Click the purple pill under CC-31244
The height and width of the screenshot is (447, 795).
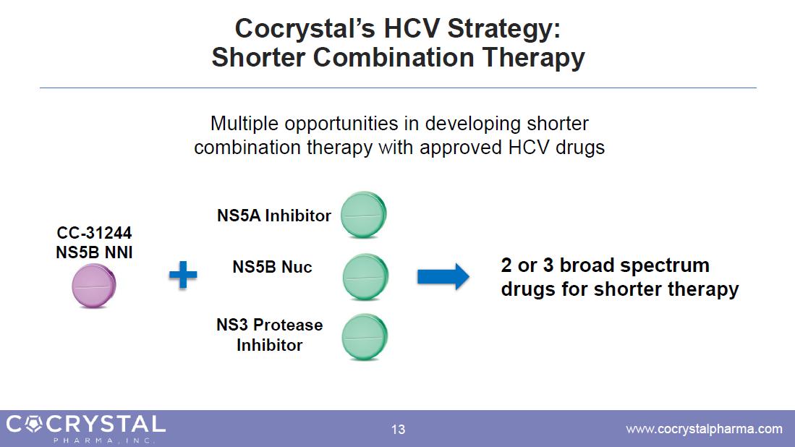[94, 286]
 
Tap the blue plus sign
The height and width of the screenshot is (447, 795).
[183, 275]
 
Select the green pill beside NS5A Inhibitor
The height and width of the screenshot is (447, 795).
[364, 215]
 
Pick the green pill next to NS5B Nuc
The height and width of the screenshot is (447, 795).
[365, 277]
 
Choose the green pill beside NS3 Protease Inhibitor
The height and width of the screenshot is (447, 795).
[365, 337]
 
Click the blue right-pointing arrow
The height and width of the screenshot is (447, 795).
[443, 277]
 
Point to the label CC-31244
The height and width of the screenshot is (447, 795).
[94, 233]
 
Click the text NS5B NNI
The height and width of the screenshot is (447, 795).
[94, 252]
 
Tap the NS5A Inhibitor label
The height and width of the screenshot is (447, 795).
[273, 216]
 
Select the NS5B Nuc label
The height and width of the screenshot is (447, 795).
[272, 267]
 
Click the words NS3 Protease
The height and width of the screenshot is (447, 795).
[270, 324]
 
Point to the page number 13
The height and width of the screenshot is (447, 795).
[398, 429]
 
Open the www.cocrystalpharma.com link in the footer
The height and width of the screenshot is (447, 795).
[705, 429]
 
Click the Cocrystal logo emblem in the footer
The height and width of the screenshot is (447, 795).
[33, 424]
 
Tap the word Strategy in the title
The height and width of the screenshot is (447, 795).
[504, 28]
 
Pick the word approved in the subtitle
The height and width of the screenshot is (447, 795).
[461, 148]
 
